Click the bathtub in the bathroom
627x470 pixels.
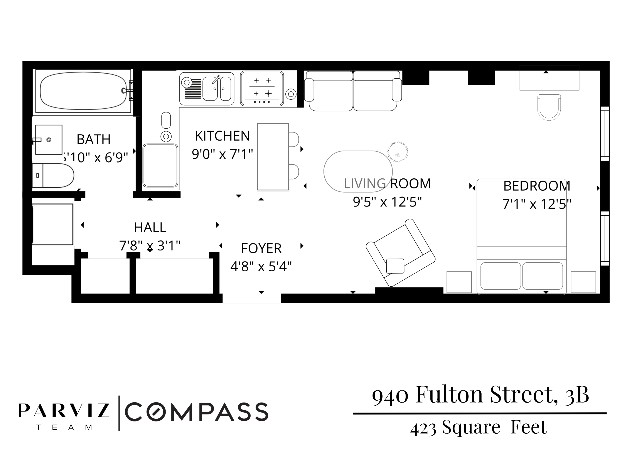coord(83,91)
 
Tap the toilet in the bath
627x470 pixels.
coord(54,175)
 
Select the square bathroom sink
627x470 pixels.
coord(49,140)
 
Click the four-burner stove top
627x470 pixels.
coord(262,88)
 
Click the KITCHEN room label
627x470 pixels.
coord(222,136)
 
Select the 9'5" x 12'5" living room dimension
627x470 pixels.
coord(387,202)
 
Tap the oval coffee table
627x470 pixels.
coord(358,171)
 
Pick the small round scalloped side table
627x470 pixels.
coord(398,152)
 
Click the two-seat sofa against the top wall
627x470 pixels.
coord(353,91)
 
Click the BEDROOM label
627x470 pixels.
coord(537,186)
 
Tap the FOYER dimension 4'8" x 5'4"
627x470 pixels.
coord(261,267)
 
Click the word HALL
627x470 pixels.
coord(150,227)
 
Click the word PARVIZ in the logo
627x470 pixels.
coord(64,411)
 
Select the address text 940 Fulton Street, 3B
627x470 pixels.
coord(480,395)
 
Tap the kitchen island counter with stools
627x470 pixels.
coord(273,157)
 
